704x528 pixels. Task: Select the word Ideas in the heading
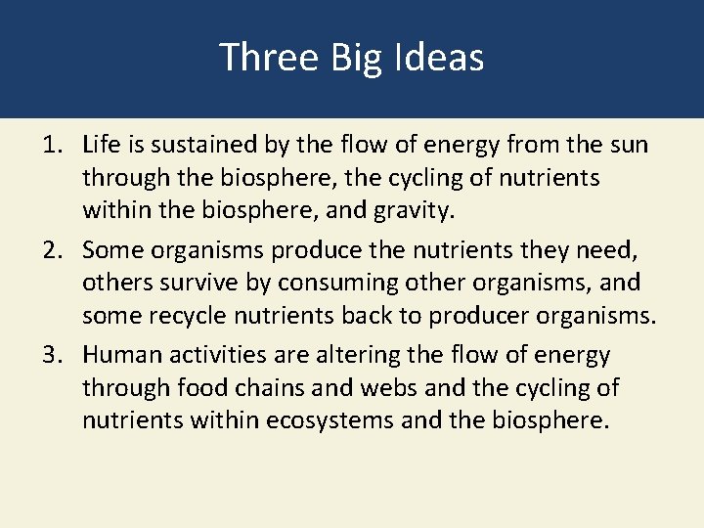[440, 58]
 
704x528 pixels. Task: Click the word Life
[102, 146]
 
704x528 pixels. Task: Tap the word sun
[627, 146]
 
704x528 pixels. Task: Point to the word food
[203, 387]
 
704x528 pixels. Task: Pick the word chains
[267, 387]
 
